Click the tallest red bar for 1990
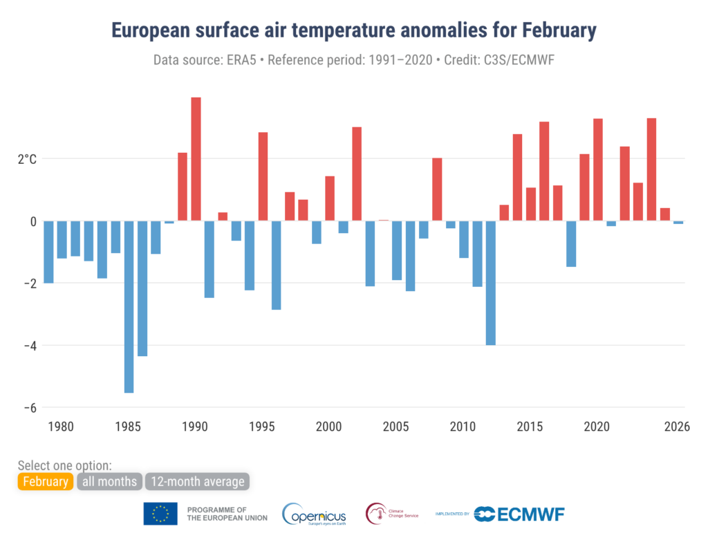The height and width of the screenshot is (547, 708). point(196,159)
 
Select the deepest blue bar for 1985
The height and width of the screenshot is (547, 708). point(129,306)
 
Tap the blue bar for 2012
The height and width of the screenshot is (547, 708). point(490,283)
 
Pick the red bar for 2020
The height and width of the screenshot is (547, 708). point(597,170)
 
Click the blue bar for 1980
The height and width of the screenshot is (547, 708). point(48,252)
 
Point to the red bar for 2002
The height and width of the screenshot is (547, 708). point(357,174)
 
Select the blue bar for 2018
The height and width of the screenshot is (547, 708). point(570,243)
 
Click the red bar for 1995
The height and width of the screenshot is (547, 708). point(263,176)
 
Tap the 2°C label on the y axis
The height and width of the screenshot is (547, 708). point(27,159)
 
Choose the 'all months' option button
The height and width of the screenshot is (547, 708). point(109,481)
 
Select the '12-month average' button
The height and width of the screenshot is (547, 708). point(196,481)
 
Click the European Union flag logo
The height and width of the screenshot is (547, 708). point(160,514)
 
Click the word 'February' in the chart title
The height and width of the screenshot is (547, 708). point(549,31)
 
